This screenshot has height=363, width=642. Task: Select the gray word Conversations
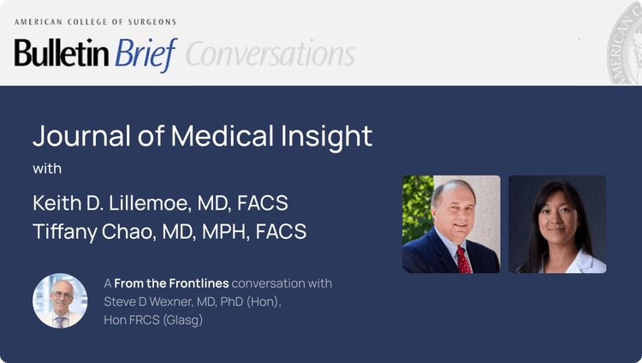pyautogui.click(x=270, y=55)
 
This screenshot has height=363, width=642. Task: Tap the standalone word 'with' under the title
pyautogui.click(x=47, y=169)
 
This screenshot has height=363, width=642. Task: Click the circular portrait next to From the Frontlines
pyautogui.click(x=60, y=301)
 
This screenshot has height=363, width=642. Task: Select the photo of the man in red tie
pyautogui.click(x=451, y=224)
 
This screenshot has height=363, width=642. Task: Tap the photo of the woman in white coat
pyautogui.click(x=557, y=224)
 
